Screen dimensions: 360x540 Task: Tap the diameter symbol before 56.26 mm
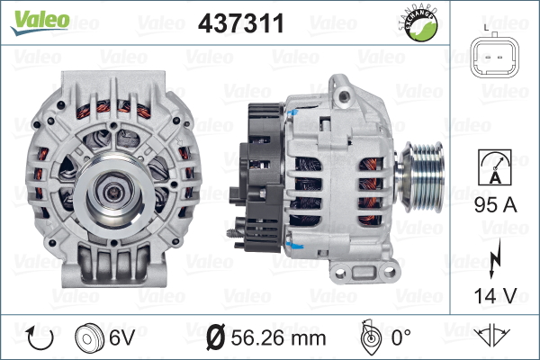pos(217,339)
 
